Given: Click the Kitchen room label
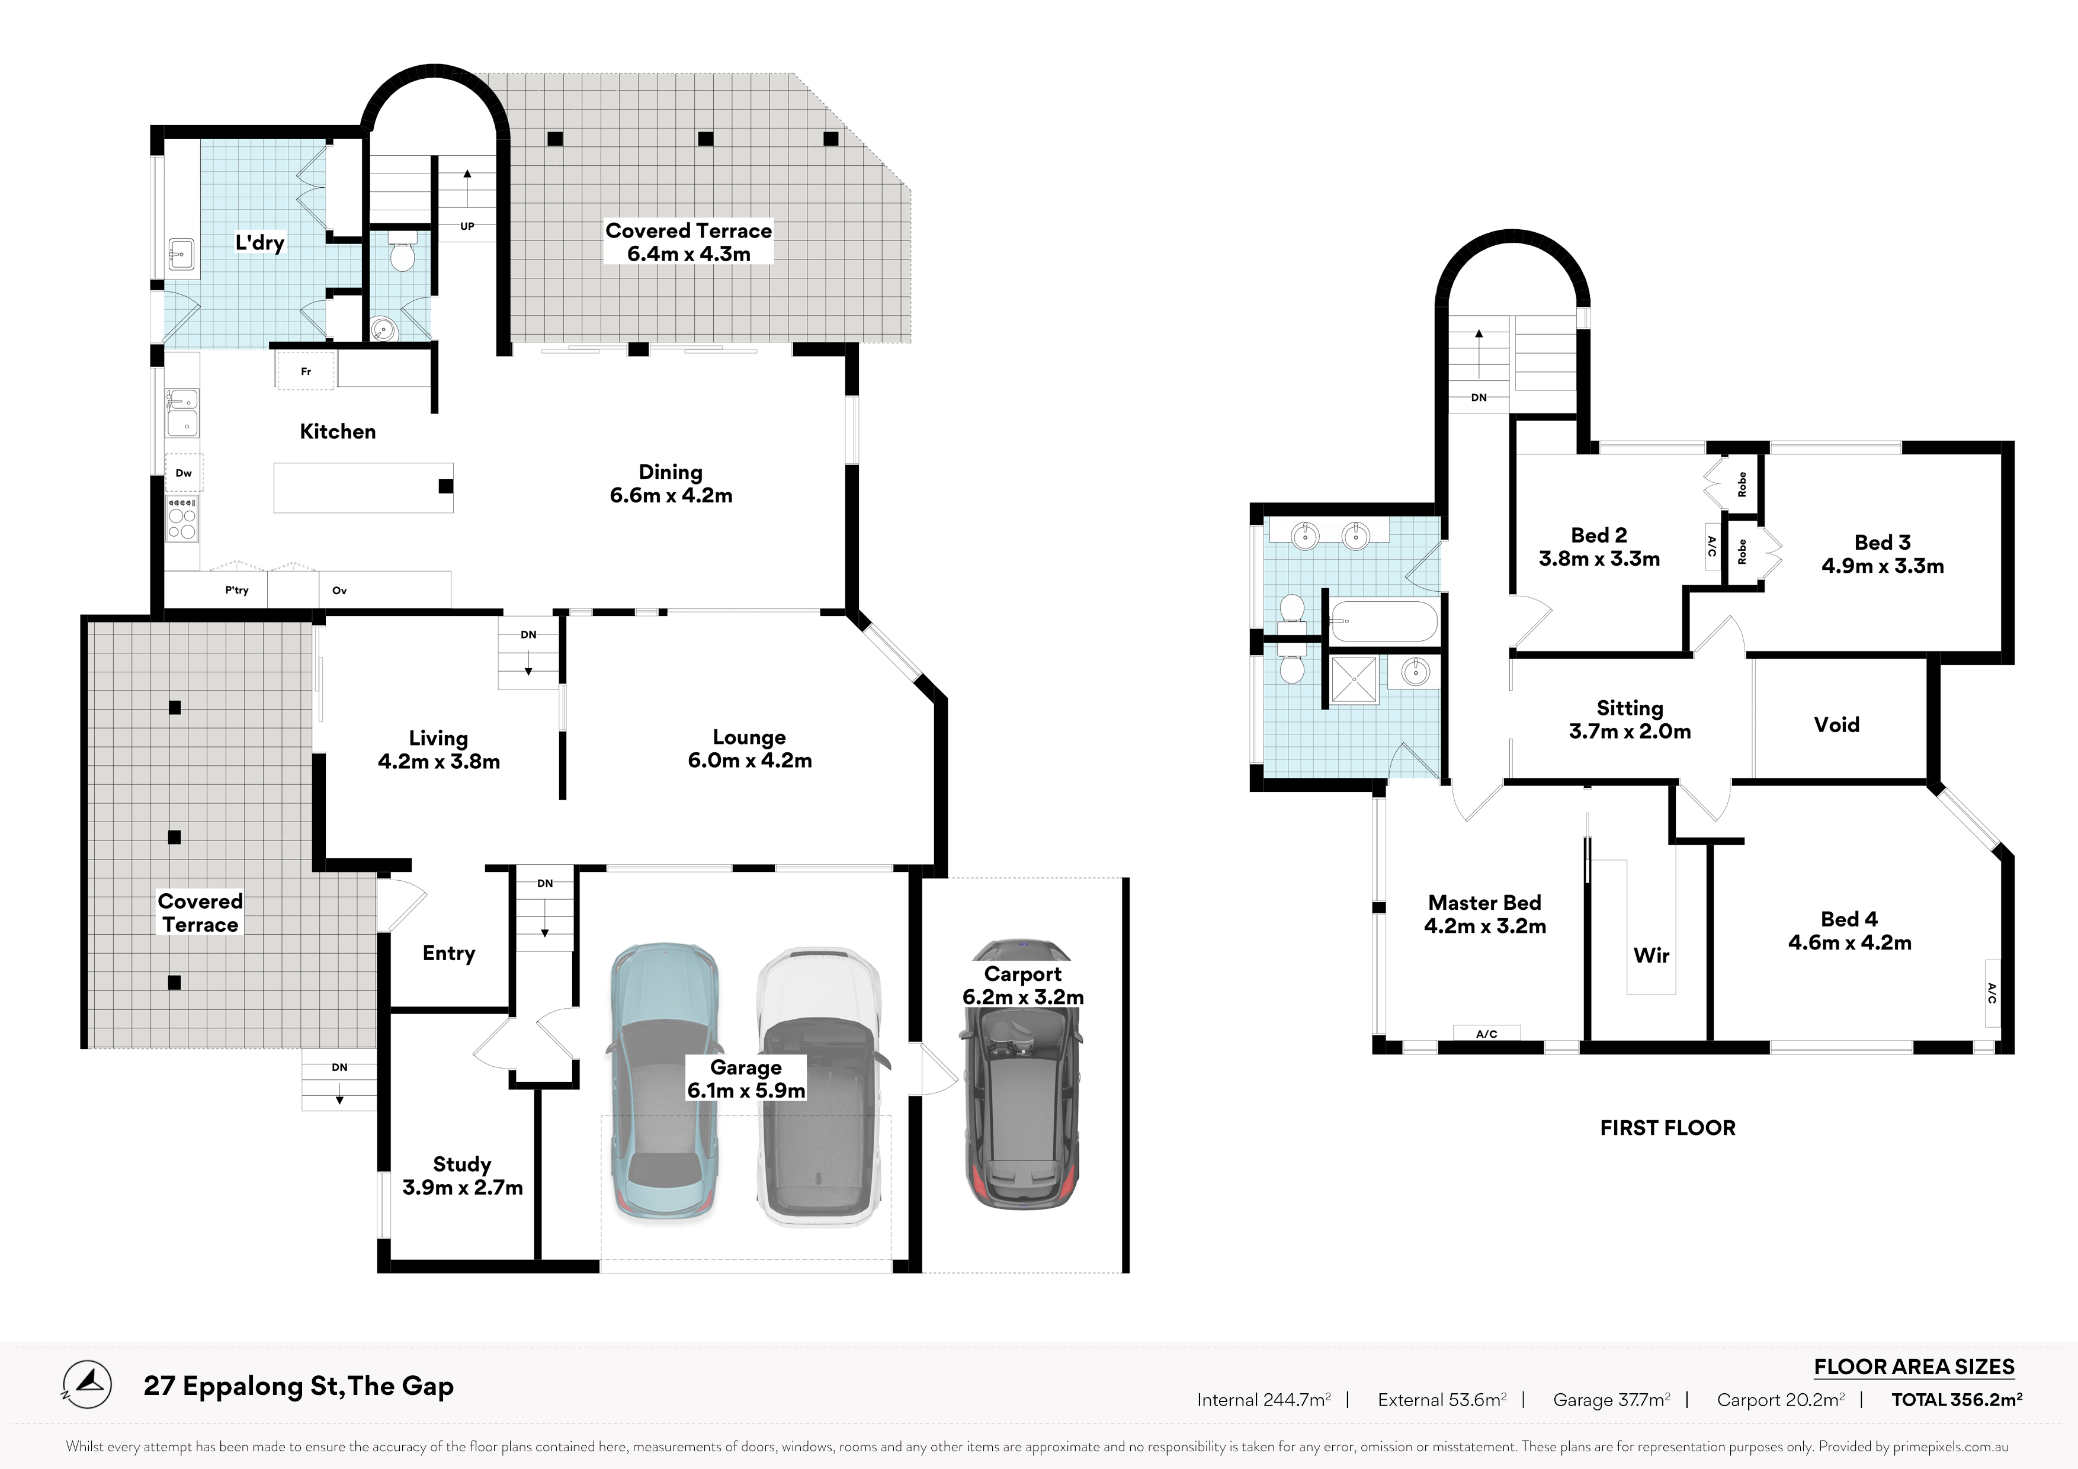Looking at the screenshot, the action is pos(338,432).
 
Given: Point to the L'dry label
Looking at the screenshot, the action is pos(259,243).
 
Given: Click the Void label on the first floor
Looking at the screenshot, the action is pos(1836,725).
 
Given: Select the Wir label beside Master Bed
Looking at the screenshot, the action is pos(1652,956).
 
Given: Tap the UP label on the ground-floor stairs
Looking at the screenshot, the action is pos(467,226).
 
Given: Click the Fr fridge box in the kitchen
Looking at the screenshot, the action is pos(306,371).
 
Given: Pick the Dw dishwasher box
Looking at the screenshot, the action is pos(184,473).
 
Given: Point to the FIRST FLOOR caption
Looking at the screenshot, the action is pos(1668,1128).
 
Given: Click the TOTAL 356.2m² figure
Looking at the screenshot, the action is pos(1957,1399).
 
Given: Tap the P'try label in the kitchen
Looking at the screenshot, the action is pos(237,590).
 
